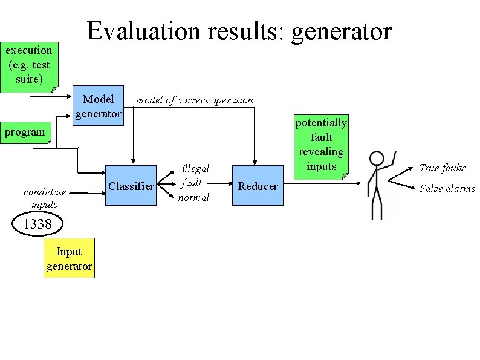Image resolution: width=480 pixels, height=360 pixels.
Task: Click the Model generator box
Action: [x=98, y=106]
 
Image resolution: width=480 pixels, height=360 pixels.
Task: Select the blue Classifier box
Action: [x=131, y=186]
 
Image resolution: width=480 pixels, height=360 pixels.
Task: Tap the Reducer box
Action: [x=258, y=186]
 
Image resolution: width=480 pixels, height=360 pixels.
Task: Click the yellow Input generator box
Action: [x=70, y=259]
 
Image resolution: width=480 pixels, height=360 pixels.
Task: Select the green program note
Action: [x=26, y=133]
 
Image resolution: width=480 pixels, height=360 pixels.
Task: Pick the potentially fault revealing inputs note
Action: [x=321, y=145]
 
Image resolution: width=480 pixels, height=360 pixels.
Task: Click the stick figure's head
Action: [x=377, y=159]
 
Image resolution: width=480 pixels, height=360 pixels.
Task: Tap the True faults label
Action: [x=443, y=168]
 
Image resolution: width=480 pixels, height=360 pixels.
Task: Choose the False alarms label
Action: [x=447, y=188]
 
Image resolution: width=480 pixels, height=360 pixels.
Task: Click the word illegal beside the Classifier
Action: [x=196, y=169]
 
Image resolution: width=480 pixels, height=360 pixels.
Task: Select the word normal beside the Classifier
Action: [x=193, y=197]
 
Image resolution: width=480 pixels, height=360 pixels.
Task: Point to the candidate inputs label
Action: [x=45, y=198]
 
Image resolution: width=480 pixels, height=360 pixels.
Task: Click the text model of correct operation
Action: [x=195, y=100]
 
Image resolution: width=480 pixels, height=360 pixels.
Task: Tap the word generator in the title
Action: [x=342, y=32]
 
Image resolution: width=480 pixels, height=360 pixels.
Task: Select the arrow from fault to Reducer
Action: [x=221, y=183]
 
